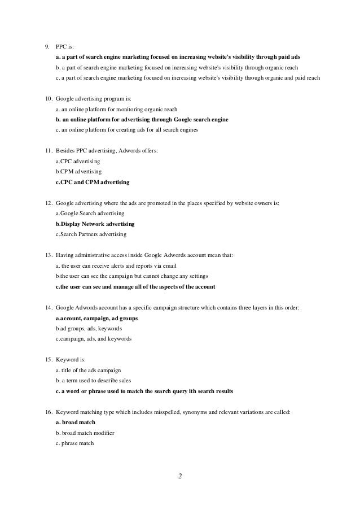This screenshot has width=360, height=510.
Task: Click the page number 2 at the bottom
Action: coord(180,477)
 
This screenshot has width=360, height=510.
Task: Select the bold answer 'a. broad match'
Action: coord(76,422)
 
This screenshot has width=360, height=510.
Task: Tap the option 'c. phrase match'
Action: coord(75,443)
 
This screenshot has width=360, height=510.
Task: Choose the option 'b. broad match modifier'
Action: coord(85,433)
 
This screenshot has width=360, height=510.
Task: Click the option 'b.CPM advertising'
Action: coord(79,172)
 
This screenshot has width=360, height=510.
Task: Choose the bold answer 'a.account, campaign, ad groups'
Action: coord(96,318)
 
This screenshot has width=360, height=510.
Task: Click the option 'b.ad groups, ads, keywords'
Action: coord(88,328)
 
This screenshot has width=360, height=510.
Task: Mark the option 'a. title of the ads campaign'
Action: coord(88,370)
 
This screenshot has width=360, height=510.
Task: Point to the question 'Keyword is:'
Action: coord(71,360)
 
